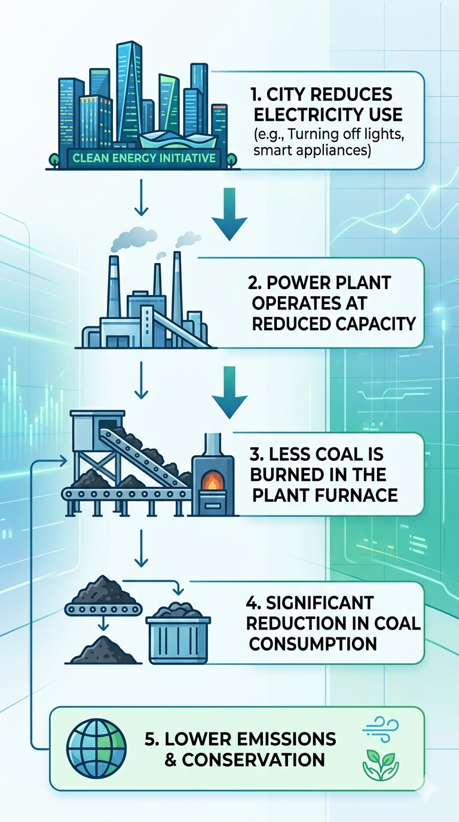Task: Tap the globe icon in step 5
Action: coord(97,748)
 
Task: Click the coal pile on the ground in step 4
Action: coord(104,651)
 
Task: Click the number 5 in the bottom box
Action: coord(151,739)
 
